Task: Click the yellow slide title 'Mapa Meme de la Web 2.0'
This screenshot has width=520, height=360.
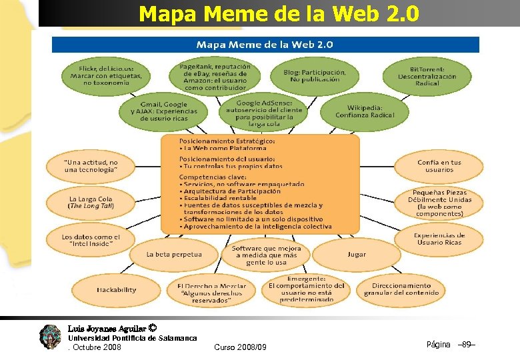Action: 279,13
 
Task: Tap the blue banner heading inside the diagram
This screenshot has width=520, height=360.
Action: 265,45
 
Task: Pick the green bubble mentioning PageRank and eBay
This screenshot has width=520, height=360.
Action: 215,77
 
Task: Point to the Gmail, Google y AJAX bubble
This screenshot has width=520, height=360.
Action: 163,111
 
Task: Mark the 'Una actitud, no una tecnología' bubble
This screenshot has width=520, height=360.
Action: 91,166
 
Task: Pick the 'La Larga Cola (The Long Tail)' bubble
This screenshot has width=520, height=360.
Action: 91,202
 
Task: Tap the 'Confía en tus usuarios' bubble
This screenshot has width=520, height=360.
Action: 439,166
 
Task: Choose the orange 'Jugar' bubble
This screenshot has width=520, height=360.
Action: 356,255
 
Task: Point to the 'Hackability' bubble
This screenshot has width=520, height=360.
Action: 116,290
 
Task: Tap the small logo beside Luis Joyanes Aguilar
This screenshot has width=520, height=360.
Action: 50,336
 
